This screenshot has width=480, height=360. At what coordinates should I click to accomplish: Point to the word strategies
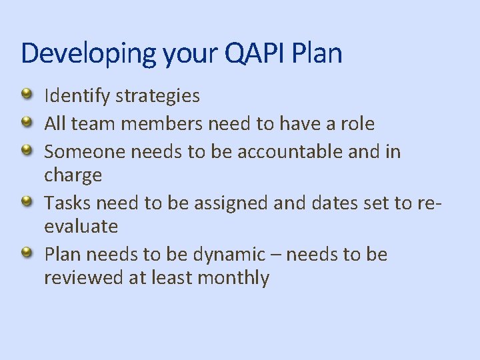[x=157, y=97]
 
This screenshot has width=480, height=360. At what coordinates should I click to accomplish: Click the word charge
[x=73, y=176]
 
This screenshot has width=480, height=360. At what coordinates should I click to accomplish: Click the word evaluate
[x=81, y=227]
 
